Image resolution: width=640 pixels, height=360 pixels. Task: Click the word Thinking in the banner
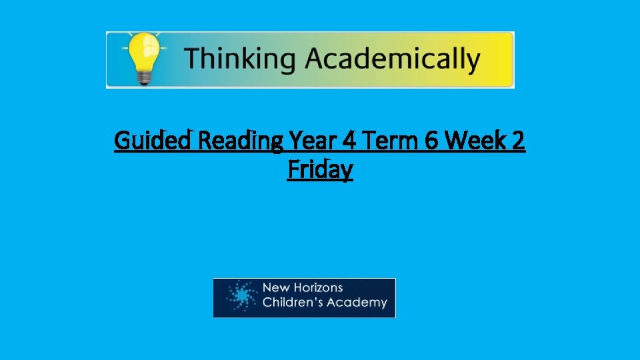(x=239, y=59)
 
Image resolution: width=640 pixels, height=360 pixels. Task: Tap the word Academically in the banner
(x=392, y=59)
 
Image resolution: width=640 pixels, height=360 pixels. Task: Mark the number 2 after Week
(x=518, y=141)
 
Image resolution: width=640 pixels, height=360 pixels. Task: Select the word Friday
(x=320, y=170)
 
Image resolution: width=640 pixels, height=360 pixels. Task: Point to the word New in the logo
(x=275, y=288)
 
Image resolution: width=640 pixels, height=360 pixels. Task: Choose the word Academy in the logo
(x=361, y=303)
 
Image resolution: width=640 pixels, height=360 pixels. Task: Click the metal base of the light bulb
(x=143, y=77)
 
